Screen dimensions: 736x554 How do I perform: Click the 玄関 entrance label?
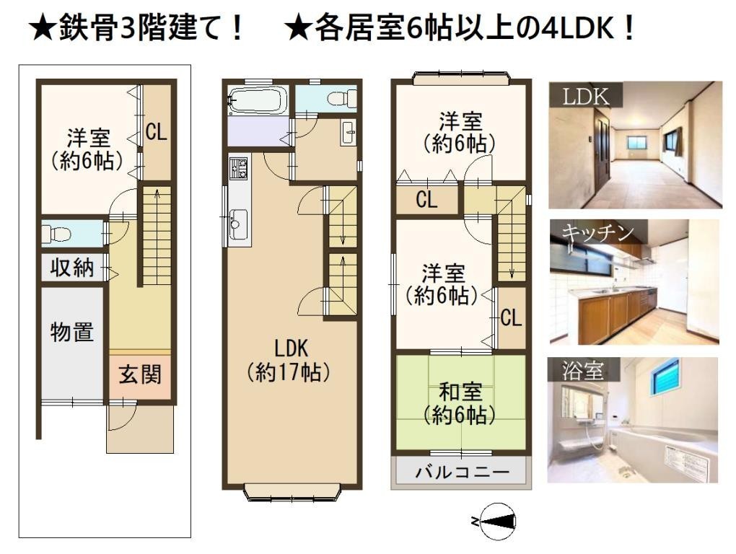pyautogui.click(x=140, y=374)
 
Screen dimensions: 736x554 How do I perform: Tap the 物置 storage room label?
pyautogui.click(x=72, y=332)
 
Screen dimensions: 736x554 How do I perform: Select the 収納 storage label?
pyautogui.click(x=72, y=268)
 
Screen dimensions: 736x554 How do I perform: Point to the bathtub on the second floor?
pyautogui.click(x=257, y=100)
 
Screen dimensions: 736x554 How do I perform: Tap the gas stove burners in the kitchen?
pyautogui.click(x=238, y=168)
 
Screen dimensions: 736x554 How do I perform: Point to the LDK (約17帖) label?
pyautogui.click(x=291, y=360)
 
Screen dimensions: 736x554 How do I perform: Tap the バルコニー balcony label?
pyautogui.click(x=462, y=472)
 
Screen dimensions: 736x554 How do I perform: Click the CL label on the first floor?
pyautogui.click(x=157, y=132)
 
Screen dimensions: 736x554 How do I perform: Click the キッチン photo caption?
pyautogui.click(x=598, y=233)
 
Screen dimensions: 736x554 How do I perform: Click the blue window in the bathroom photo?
pyautogui.click(x=665, y=374)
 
